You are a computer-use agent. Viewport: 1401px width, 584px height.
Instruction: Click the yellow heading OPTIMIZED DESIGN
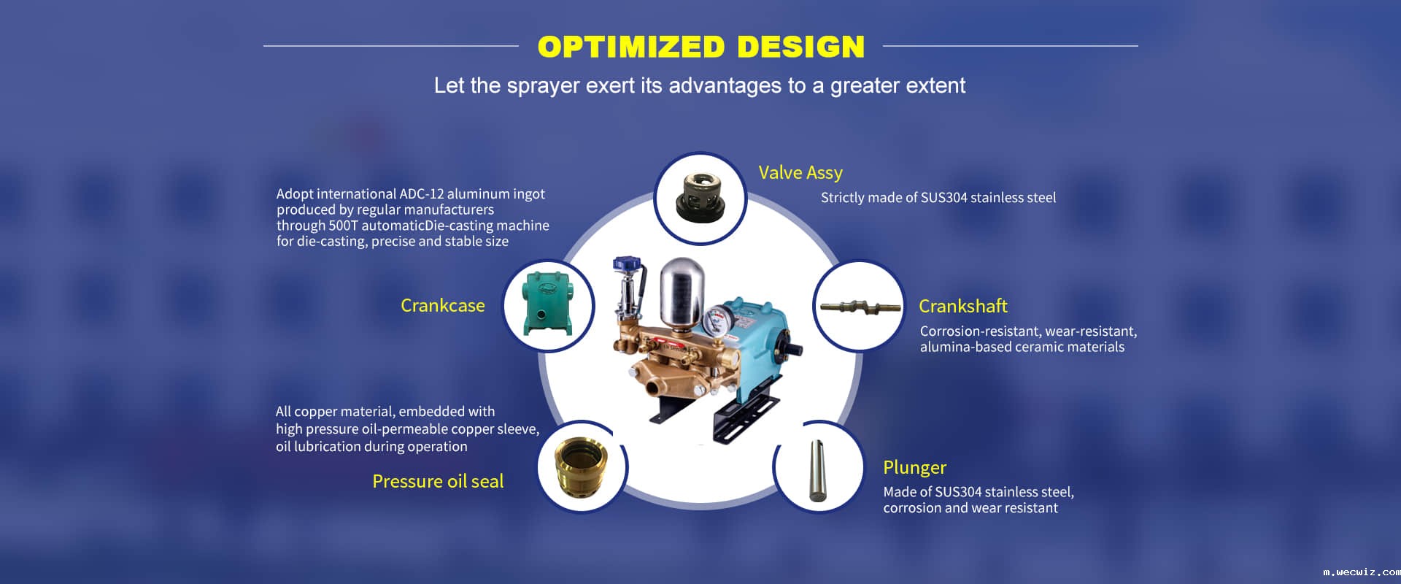[700, 47]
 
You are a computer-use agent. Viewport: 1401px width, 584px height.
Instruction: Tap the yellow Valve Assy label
[800, 173]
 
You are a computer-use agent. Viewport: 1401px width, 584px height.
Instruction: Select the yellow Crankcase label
[443, 305]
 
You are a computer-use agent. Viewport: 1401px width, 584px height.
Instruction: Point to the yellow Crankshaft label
[963, 306]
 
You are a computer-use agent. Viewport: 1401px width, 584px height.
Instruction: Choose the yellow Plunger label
[914, 467]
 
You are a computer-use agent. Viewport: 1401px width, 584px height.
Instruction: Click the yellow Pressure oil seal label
[438, 481]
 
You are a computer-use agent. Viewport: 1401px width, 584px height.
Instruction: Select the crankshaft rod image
[858, 307]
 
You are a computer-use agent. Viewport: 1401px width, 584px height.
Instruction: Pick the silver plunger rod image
[817, 470]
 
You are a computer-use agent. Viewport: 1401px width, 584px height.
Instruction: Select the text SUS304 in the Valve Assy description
[944, 198]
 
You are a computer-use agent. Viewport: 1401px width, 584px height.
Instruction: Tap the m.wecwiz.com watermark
[1361, 572]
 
